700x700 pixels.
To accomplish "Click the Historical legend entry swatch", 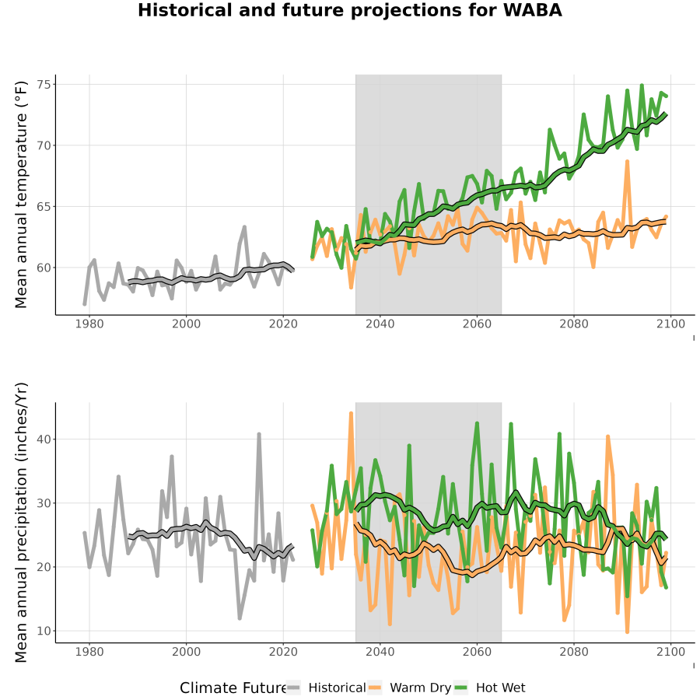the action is tap(293, 688).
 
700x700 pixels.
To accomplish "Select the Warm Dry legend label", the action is tap(420, 688).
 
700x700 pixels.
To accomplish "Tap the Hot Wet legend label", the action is tap(500, 688).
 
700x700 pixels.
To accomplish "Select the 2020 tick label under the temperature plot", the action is tap(283, 324).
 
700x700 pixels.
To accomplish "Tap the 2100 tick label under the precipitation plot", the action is tap(670, 652).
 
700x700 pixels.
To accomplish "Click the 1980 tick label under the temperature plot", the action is tap(89, 324).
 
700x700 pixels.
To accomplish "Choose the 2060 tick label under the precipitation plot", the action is tap(477, 652).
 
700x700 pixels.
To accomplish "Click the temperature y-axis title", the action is tap(20, 194).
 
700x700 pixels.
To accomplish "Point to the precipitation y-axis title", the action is tap(20, 523).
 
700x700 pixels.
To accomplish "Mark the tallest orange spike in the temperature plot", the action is tap(627, 162).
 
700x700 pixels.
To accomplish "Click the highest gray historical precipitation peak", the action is tap(259, 434).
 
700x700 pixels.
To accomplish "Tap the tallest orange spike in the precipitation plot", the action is tap(351, 414).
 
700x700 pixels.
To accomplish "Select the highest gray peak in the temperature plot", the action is tap(245, 227).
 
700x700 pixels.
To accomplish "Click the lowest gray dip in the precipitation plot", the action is tap(240, 618).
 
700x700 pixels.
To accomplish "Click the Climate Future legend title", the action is tap(233, 688).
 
